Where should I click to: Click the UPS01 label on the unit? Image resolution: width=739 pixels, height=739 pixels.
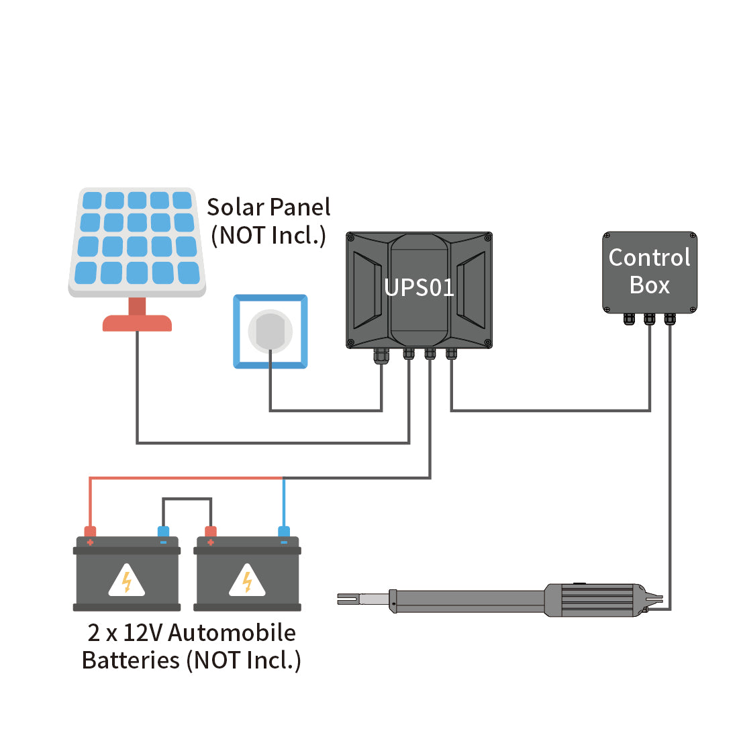pos(419,287)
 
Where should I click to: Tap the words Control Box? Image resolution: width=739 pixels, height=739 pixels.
pos(649,271)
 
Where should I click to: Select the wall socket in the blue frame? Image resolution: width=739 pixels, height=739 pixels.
pos(270,332)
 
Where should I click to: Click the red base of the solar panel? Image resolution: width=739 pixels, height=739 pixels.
pos(137,322)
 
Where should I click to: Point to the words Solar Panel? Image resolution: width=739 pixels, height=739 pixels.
pos(268,207)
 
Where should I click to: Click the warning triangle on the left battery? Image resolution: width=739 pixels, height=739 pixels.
pos(126,581)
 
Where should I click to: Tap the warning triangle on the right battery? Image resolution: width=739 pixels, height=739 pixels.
pos(247,581)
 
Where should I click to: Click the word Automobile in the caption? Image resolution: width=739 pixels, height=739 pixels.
pos(232,632)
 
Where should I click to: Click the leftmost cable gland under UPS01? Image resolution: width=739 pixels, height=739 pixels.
pos(381,355)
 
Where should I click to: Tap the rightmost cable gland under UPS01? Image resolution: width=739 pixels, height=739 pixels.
pos(451,353)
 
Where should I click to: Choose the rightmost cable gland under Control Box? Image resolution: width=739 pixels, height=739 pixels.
pos(670,319)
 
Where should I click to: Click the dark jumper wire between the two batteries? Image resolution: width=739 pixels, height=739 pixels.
pos(187,499)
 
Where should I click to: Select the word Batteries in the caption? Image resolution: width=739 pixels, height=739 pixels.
pos(130,660)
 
